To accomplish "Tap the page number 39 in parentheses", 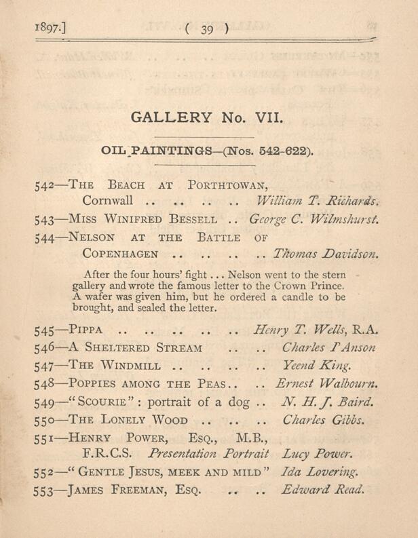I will click(207, 28).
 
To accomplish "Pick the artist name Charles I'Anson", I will click(328, 348).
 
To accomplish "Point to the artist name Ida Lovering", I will click(319, 471).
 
